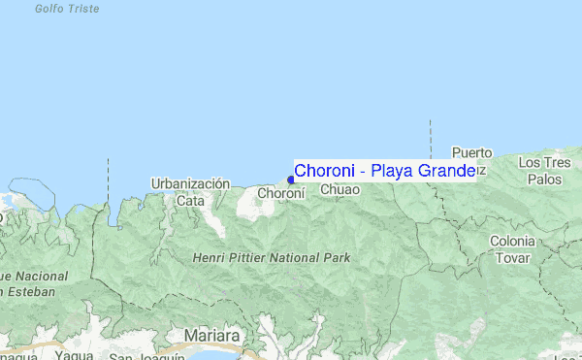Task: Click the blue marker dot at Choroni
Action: [291, 180]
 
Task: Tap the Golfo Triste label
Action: [67, 8]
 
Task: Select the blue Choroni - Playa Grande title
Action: [384, 171]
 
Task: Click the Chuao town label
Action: [339, 191]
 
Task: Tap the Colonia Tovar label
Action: [512, 249]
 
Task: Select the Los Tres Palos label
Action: [545, 171]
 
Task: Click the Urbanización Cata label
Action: [190, 191]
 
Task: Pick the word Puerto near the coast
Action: [473, 153]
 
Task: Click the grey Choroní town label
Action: [281, 193]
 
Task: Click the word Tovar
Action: [512, 258]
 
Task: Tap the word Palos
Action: [545, 180]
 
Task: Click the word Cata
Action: [190, 200]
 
